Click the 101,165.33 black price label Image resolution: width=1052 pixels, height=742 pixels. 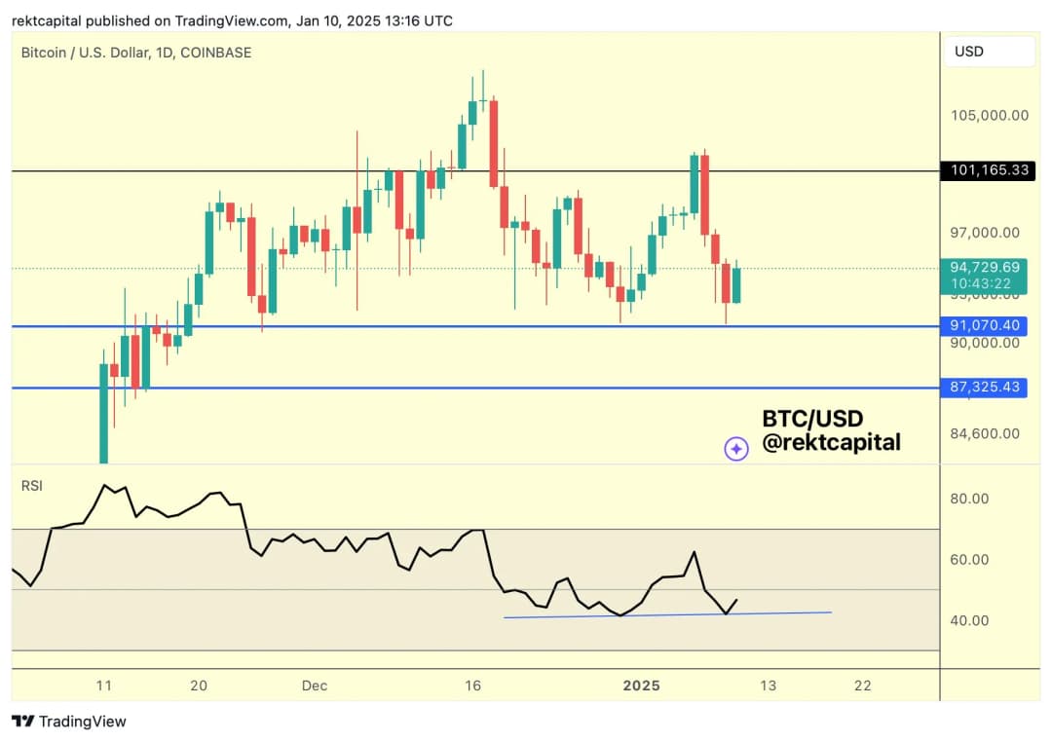pyautogui.click(x=989, y=171)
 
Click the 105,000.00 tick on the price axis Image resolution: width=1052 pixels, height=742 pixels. pyautogui.click(x=989, y=116)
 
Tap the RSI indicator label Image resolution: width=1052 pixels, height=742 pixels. pyautogui.click(x=32, y=485)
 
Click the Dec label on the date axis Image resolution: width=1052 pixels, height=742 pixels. pyautogui.click(x=314, y=686)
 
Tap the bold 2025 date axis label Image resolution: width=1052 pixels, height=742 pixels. pyautogui.click(x=641, y=686)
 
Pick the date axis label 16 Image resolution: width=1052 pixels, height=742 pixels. pyautogui.click(x=472, y=686)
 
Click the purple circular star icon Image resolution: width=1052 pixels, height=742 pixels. pyautogui.click(x=736, y=448)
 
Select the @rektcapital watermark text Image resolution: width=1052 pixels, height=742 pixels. pyautogui.click(x=831, y=443)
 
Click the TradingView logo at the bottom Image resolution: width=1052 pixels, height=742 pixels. pyautogui.click(x=69, y=722)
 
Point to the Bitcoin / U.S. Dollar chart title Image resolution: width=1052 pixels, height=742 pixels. pyautogui.click(x=136, y=53)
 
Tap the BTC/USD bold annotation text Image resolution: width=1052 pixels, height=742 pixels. pyautogui.click(x=812, y=419)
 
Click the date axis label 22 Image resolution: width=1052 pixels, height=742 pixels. pyautogui.click(x=862, y=686)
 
